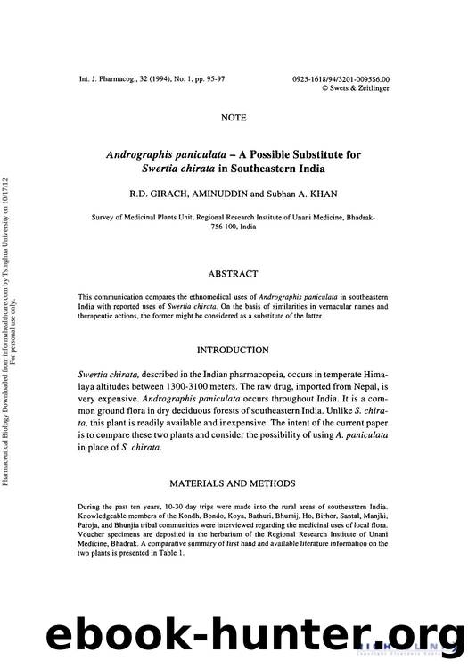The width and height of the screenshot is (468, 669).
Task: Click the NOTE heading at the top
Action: [234, 117]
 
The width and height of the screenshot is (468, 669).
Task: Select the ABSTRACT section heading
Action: [234, 274]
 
